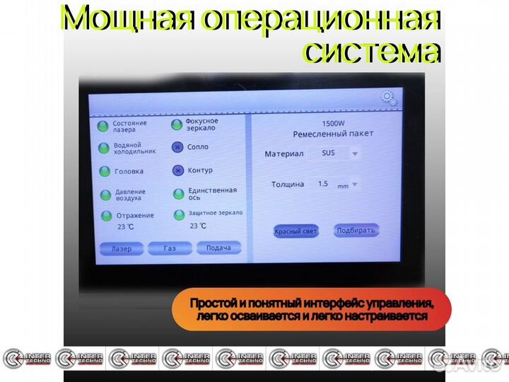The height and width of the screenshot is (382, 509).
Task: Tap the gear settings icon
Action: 388,98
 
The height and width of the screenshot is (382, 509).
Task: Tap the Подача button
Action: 218,248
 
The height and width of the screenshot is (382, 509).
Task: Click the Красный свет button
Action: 296,231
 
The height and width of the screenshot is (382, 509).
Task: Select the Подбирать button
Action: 357,231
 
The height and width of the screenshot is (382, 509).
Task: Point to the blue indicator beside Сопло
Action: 177,148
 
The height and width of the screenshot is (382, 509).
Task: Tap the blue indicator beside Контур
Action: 177,170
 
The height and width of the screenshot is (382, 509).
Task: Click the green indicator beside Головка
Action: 104,171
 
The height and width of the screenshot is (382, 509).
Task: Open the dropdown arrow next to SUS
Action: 355,153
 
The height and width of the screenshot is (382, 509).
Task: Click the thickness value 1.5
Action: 323,184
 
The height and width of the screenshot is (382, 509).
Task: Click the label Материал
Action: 283,154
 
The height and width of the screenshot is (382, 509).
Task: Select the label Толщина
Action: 288,185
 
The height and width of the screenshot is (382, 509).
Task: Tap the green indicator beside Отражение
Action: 107,215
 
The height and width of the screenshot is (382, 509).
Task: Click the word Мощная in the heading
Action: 127,19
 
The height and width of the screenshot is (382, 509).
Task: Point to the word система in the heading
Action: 372,51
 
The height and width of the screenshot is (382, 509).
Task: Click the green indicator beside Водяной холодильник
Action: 103,149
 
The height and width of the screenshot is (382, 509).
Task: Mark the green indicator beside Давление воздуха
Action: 104,195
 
